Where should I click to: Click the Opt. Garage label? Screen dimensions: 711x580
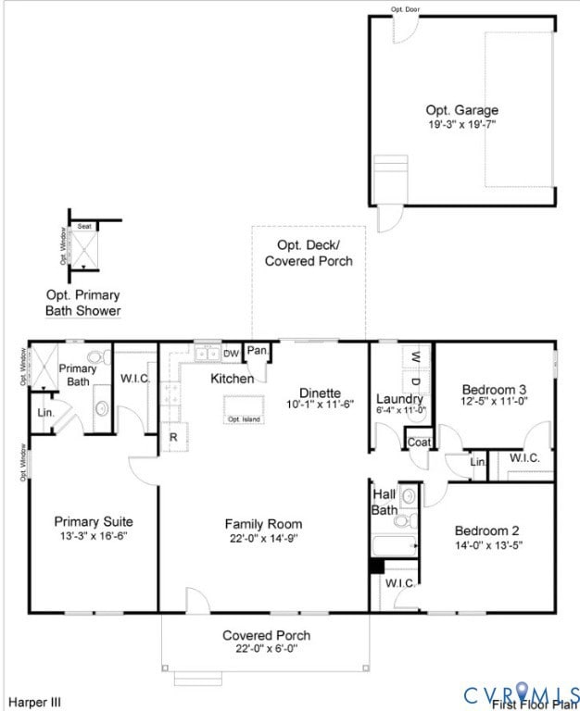pyautogui.click(x=461, y=110)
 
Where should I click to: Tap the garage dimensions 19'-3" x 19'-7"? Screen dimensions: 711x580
pyautogui.click(x=461, y=124)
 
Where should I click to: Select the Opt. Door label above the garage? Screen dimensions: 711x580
pyautogui.click(x=406, y=9)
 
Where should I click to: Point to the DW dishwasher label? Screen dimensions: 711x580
pyautogui.click(x=231, y=354)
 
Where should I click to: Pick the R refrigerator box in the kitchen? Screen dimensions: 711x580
pyautogui.click(x=173, y=436)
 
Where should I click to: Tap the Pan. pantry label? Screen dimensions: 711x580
pyautogui.click(x=258, y=351)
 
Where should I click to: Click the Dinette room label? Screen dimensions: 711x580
pyautogui.click(x=320, y=393)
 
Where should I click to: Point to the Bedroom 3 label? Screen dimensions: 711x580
pyautogui.click(x=495, y=389)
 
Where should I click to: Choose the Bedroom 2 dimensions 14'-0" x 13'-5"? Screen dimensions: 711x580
pyautogui.click(x=486, y=545)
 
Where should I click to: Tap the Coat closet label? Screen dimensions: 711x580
pyautogui.click(x=419, y=443)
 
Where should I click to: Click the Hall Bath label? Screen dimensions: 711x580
pyautogui.click(x=385, y=502)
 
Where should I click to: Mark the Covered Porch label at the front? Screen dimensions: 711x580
pyautogui.click(x=266, y=635)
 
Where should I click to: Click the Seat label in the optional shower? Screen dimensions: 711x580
pyautogui.click(x=84, y=226)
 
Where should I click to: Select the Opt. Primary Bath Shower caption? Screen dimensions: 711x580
pyautogui.click(x=83, y=303)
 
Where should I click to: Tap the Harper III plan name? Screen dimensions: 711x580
pyautogui.click(x=35, y=703)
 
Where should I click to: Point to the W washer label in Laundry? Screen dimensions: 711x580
pyautogui.click(x=416, y=357)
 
